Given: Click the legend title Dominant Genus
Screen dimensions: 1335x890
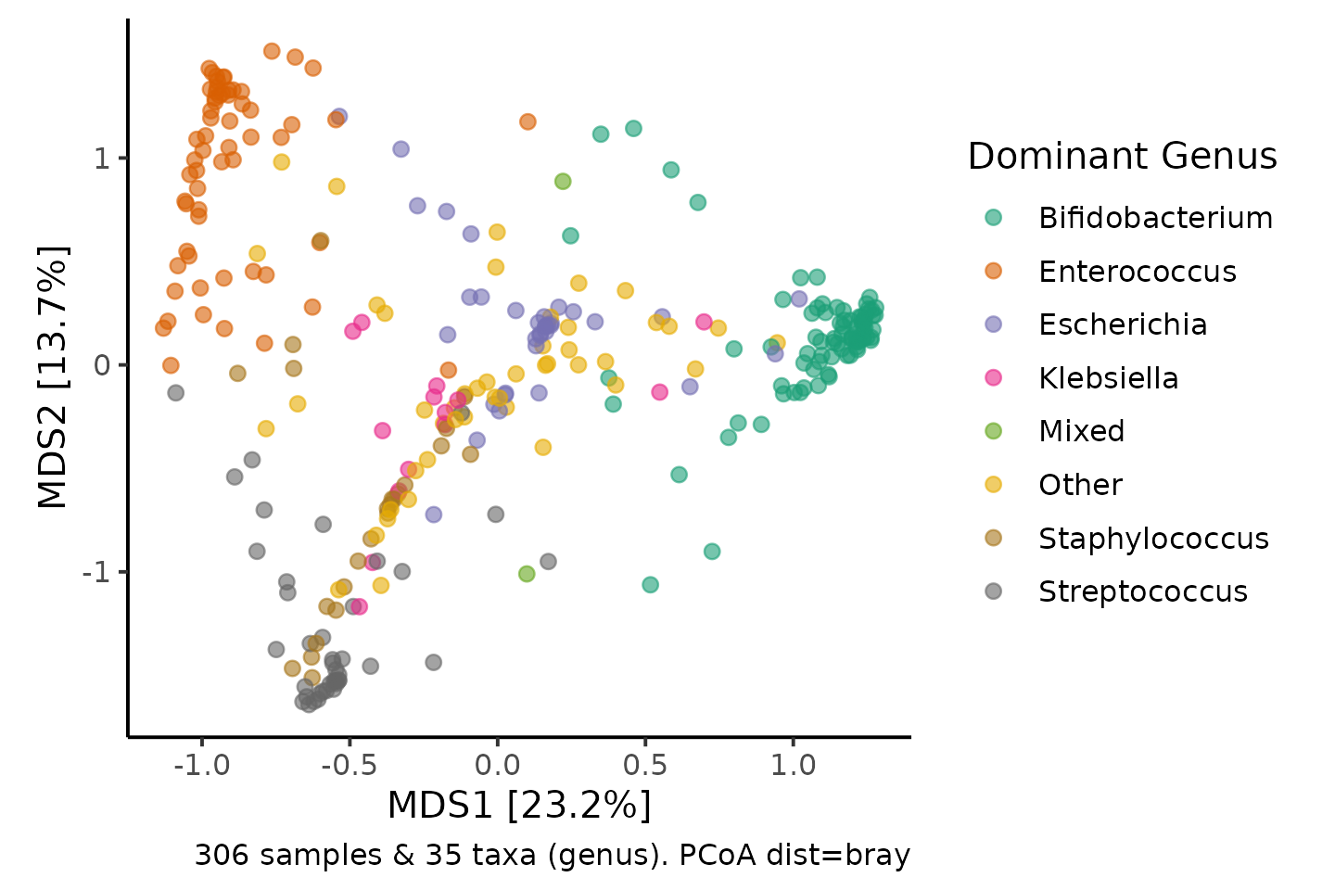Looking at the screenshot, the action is coord(1122,156).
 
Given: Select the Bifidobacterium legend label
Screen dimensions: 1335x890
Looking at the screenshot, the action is coord(1155,218).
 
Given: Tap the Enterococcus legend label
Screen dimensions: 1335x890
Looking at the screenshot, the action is coord(1138,272).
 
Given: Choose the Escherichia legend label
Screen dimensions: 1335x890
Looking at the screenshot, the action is coord(1122,324).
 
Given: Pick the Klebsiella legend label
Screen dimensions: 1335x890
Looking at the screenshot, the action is coord(1109,378).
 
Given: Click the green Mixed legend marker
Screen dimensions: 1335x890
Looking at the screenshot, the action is coord(994,431).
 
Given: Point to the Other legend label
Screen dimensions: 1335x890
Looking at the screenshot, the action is coord(1081,485).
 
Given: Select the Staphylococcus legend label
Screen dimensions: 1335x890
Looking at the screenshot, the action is coord(1154,539).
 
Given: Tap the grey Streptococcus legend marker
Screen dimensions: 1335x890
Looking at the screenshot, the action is coord(994,591).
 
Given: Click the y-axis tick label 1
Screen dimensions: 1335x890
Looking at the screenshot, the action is coord(102,159).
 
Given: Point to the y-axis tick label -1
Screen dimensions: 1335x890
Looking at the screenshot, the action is coord(96,572).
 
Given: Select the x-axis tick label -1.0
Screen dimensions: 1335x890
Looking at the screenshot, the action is coord(201,765).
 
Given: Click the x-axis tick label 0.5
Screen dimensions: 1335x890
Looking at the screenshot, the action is coord(645,765).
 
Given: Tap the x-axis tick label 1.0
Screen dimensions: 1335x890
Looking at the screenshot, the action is coord(793,765).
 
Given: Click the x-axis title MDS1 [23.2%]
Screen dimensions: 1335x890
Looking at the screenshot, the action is coord(519,806).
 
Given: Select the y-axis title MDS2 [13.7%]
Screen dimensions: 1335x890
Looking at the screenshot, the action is coord(53,376).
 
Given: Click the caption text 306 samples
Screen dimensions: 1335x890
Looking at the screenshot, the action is coord(289,856).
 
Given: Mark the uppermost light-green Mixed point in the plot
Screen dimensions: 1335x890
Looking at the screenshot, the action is coord(563,181).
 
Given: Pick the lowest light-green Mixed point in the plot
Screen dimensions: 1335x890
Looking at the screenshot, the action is coord(527,574).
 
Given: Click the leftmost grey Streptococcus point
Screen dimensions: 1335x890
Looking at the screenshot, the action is coord(176,393).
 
